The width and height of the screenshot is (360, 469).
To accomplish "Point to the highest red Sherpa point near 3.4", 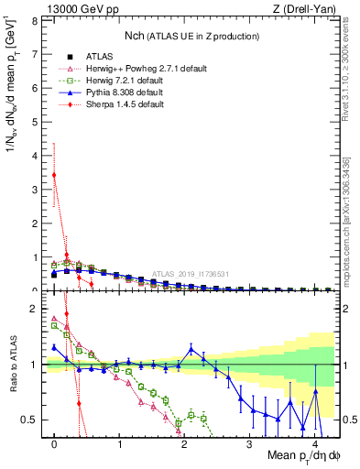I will pyautogui.click(x=55, y=174).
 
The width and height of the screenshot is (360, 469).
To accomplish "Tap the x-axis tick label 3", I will pyautogui.click(x=249, y=443).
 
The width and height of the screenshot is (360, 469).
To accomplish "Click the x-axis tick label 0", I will pyautogui.click(x=55, y=443).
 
